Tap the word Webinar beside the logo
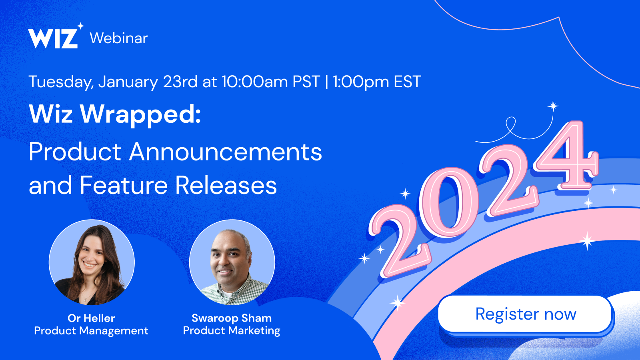click(118, 38)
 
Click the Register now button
click(525, 314)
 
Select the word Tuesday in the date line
click(61, 82)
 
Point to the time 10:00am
click(254, 82)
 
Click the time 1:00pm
click(360, 82)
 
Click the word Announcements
click(226, 152)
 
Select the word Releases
click(226, 186)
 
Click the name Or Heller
click(91, 318)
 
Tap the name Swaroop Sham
click(232, 318)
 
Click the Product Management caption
click(91, 331)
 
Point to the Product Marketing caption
click(232, 331)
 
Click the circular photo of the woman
click(92, 262)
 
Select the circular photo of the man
click(232, 262)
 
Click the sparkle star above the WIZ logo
click(81, 26)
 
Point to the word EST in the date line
click(407, 82)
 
